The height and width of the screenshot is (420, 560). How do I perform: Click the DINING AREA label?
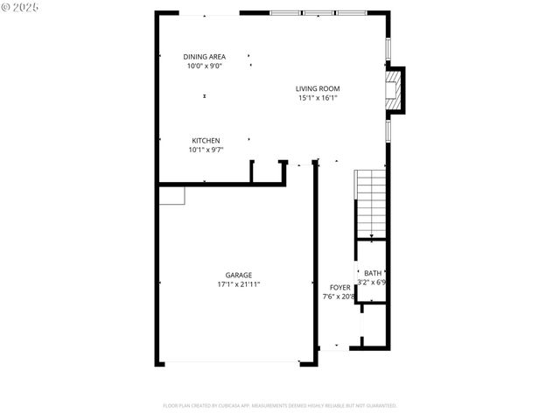204,57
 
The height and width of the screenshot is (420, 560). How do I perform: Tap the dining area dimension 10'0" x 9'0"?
204,66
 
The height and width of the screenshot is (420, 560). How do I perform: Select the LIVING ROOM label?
317,88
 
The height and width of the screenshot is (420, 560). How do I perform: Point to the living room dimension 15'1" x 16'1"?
317,98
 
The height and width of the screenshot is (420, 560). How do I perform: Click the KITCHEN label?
206,140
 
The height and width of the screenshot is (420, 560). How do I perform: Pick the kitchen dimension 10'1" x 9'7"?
206,150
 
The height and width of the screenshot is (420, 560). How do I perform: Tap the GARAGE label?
238,275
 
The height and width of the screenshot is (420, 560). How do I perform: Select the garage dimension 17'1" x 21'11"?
238,284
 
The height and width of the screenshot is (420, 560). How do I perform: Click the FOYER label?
339,287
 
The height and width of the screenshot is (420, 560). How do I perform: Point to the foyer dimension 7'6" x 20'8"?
339,297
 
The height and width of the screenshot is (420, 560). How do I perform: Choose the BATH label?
373,273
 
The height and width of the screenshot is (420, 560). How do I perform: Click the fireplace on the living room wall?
397,90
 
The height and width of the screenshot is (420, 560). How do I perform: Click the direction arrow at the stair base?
373,236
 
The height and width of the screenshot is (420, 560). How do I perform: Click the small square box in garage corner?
171,195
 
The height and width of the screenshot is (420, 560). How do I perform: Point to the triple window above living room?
317,13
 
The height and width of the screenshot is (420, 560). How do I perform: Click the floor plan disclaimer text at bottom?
280,405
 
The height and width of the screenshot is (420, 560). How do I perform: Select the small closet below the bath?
374,324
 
